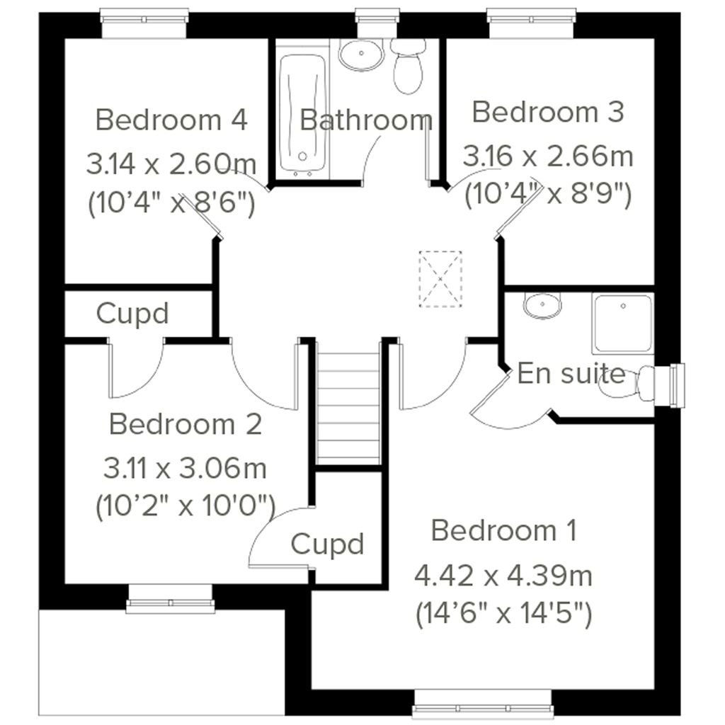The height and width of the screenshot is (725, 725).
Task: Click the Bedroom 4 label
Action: coord(171,120)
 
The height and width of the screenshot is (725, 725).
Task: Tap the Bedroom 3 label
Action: coord(548,112)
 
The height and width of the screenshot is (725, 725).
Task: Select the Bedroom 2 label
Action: coord(185,425)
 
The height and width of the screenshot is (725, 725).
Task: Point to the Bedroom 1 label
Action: coord(504,530)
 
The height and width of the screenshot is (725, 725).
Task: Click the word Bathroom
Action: coord(366,120)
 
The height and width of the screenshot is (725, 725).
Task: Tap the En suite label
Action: coord(571,373)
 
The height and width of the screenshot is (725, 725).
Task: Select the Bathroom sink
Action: coord(360,55)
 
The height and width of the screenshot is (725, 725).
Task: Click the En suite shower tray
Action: coord(623,323)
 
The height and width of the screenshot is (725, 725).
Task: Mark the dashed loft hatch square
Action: coord(440,279)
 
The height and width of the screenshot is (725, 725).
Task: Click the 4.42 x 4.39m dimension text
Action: coord(503,576)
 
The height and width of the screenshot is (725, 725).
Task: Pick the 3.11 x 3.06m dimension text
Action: coord(185,468)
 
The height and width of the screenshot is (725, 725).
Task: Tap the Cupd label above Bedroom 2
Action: coord(133,313)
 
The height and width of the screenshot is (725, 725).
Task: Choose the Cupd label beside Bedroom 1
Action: coord(328,544)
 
